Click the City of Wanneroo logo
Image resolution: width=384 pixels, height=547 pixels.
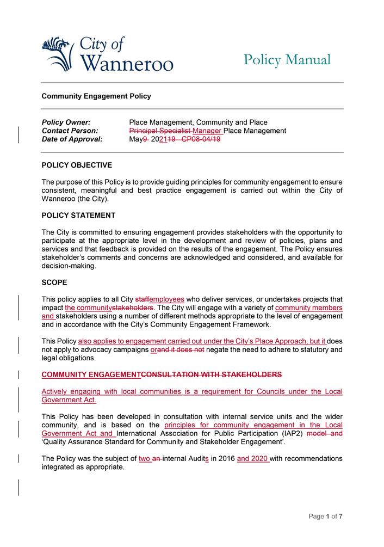[x=108, y=54]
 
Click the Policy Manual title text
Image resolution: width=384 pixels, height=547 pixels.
[x=287, y=60]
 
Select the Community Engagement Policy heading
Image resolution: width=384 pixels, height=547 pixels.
[x=96, y=96]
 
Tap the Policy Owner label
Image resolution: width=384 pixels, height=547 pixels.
[x=66, y=122]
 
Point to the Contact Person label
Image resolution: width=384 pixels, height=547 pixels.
[x=70, y=131]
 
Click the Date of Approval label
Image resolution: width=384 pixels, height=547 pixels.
[x=72, y=139]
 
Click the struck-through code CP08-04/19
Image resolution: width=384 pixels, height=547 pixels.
[x=201, y=139]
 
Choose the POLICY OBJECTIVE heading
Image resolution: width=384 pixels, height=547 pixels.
[x=77, y=165]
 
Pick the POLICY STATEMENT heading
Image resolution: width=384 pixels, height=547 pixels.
[x=78, y=215]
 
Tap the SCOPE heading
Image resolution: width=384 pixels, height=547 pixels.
[x=54, y=282]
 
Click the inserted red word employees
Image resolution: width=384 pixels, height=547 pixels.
[x=167, y=299]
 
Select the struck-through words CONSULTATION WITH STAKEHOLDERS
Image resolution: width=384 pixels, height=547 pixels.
[x=212, y=374]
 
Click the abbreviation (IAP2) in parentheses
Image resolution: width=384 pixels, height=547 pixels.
[x=290, y=433]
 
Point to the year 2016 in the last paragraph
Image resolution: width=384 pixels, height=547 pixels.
[x=226, y=458]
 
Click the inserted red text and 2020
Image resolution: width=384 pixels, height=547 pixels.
[x=253, y=458]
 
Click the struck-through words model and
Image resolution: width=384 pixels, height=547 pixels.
[x=325, y=433]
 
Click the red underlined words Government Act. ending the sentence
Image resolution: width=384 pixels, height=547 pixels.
[x=69, y=400]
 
